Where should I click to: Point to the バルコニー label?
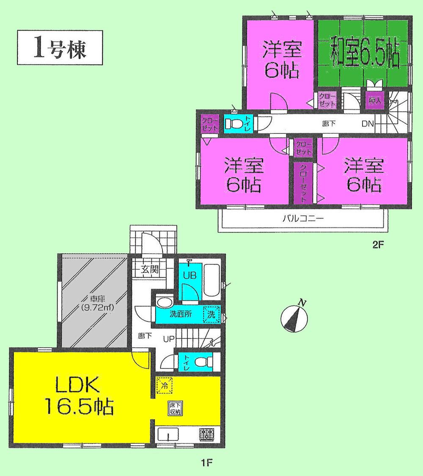coord(303,219)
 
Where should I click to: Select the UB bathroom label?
coord(188,274)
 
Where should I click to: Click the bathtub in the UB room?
coord(211,280)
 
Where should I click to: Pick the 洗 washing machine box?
coord(211,314)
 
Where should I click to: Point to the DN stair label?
coord(367,125)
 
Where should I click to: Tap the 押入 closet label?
coord(373,101)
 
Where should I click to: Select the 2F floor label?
coord(377,244)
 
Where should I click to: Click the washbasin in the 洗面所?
coord(163,302)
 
